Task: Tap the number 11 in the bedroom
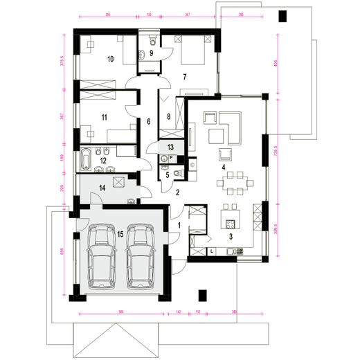[105, 118]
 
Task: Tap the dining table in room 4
[234, 183]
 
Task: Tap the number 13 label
[170, 147]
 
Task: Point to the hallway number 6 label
[148, 122]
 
